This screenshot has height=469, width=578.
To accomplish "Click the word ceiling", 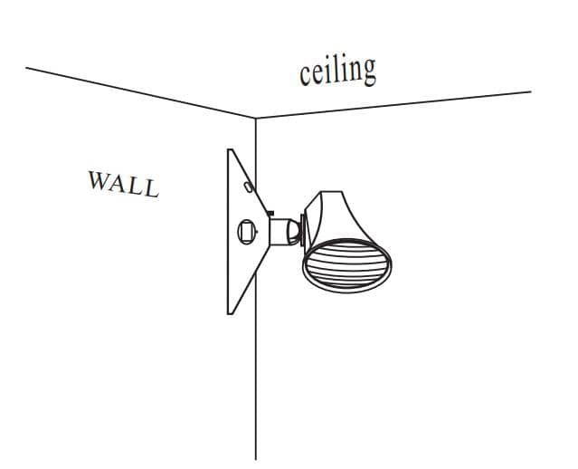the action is click(x=337, y=72).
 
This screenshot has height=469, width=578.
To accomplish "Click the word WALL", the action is click(x=124, y=184).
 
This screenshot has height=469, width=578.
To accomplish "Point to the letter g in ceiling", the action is click(x=368, y=72).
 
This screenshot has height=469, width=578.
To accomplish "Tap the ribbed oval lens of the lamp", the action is click(x=346, y=265).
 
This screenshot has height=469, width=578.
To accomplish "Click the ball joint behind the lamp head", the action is click(x=294, y=232).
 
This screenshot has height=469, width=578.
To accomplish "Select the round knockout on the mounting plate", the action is click(x=247, y=232).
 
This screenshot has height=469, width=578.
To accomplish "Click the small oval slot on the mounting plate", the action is click(x=249, y=187).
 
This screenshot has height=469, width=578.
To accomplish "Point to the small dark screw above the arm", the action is click(x=270, y=213).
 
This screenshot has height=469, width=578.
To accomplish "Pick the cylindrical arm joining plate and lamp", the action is click(x=280, y=232).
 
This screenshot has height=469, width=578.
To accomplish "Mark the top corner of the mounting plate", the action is click(x=229, y=149).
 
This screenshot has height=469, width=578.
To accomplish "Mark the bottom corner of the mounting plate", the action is click(x=229, y=314).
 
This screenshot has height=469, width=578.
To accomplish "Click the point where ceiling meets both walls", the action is click(x=256, y=118).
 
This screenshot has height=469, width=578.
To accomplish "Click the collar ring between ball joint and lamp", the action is click(x=303, y=230).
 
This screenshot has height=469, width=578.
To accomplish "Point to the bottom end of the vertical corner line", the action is click(x=256, y=460).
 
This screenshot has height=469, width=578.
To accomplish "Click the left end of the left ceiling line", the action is click(x=26, y=68).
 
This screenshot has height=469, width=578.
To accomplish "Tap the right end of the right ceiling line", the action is click(x=531, y=91).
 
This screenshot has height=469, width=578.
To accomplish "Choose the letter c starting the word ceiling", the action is click(x=305, y=77).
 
